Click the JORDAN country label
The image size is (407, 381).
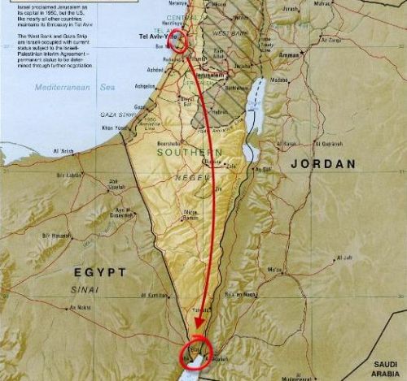(x=322, y=163)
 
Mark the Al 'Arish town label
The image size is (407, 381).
(x=64, y=151)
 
